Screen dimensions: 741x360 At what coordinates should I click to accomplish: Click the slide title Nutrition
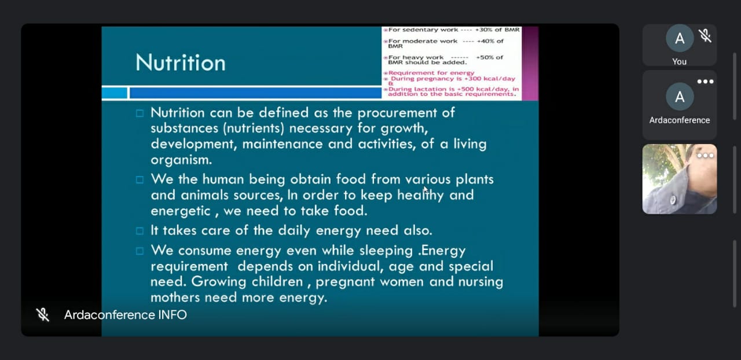coord(181,63)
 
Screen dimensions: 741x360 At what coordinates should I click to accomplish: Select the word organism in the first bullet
coord(181,160)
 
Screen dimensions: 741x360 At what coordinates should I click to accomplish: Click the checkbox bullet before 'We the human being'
coord(140,179)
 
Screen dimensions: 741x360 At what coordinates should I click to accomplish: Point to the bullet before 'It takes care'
coord(140,230)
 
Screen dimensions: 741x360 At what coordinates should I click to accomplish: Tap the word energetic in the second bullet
coord(181,211)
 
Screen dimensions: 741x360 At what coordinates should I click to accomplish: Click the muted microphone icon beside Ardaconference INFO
coord(43,315)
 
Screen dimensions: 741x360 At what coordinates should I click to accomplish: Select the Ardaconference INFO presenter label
coord(126,315)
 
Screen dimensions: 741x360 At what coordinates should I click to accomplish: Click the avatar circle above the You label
coord(680,38)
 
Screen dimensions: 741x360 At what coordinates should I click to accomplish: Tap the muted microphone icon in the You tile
coord(705,36)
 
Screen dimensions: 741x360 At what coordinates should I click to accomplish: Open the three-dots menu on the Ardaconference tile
coord(705,82)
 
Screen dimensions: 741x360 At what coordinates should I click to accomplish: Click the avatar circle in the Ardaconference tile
coord(680,97)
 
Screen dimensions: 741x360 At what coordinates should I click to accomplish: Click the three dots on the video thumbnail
coord(705,156)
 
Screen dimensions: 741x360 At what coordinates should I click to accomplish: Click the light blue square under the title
coord(115,93)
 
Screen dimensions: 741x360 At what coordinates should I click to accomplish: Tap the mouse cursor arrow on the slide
coord(425,190)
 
